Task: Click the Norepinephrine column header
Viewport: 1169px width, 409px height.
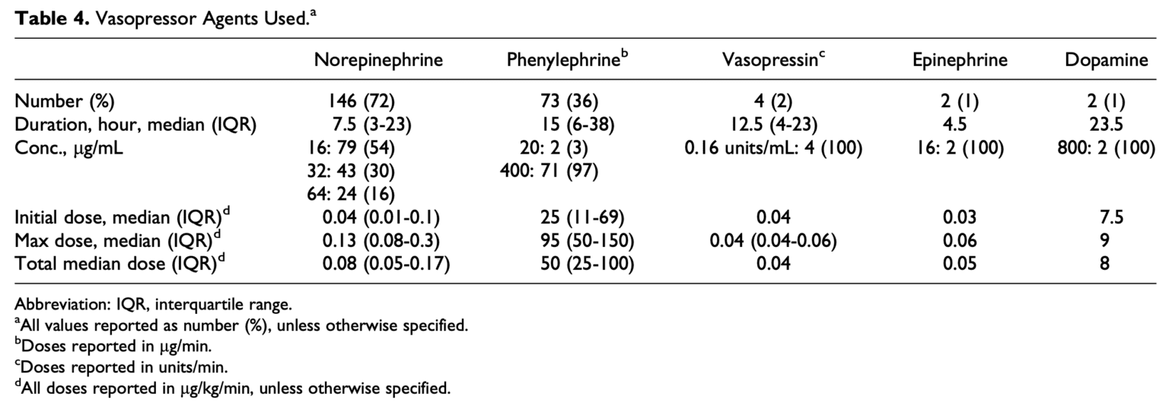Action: (378, 61)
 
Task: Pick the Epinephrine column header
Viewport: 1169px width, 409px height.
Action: (960, 61)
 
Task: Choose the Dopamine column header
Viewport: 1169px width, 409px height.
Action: (1107, 61)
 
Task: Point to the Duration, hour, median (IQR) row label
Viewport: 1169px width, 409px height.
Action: (135, 125)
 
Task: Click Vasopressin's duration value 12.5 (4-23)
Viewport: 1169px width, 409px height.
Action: (772, 125)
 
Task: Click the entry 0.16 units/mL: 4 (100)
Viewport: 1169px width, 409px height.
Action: (772, 149)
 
